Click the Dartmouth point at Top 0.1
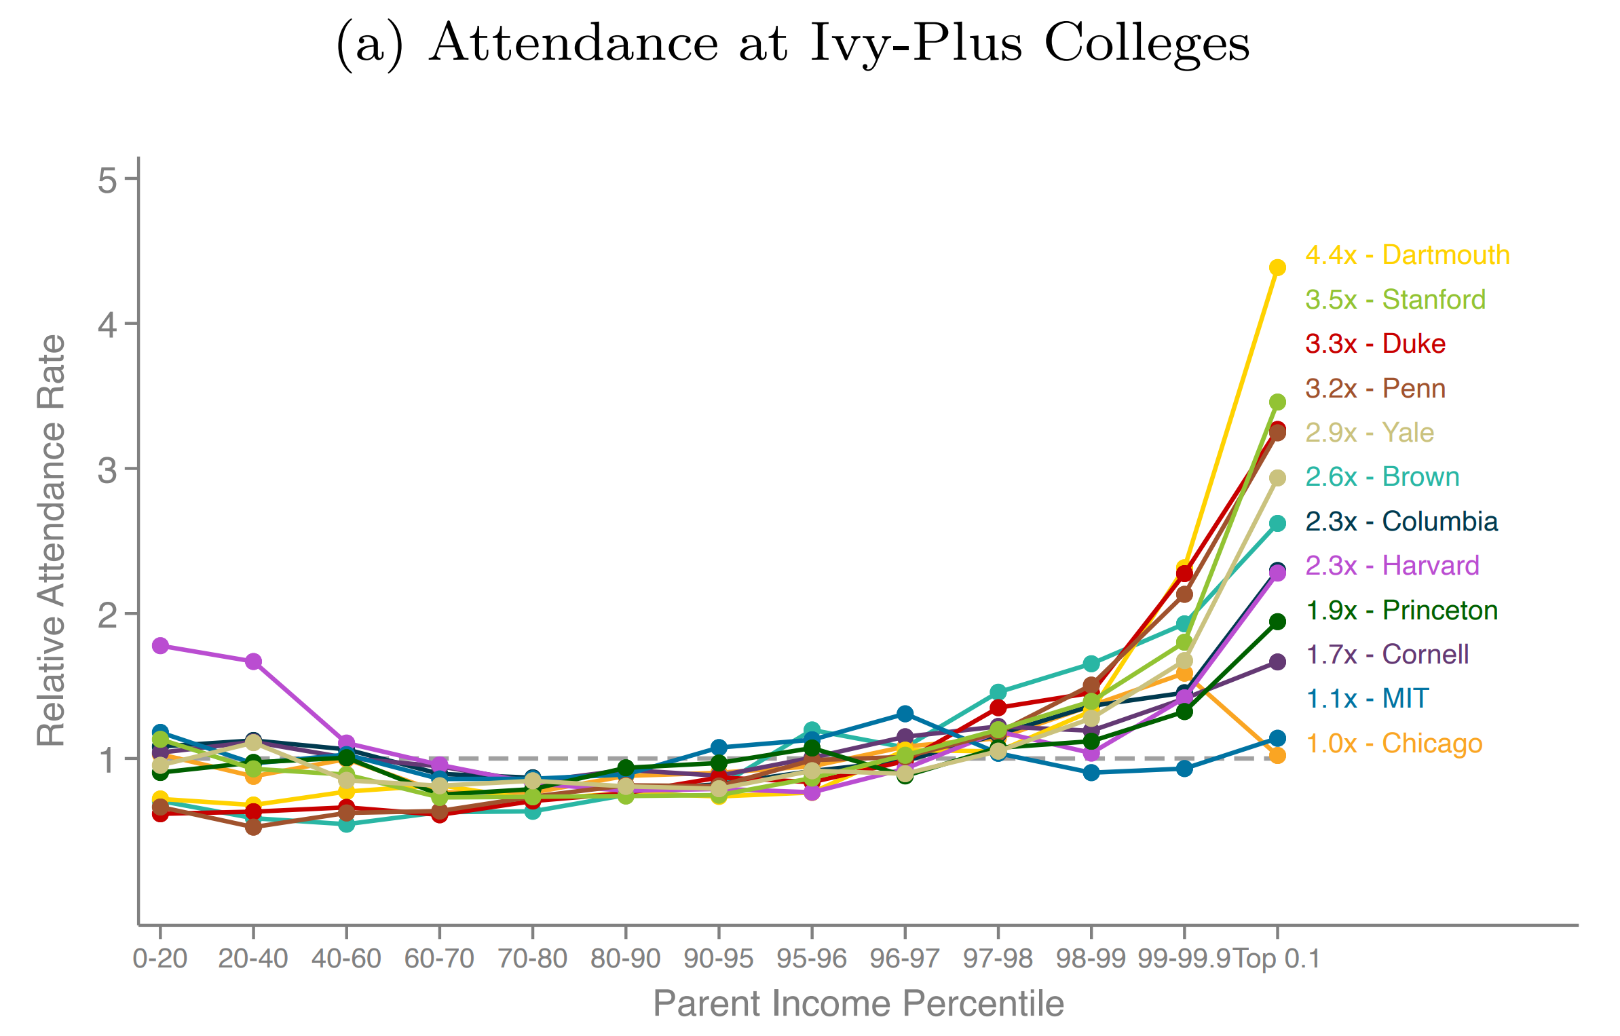(1277, 267)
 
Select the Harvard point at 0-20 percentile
(160, 645)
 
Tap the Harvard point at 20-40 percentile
(253, 661)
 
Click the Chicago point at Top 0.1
(1277, 755)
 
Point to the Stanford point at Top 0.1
(1277, 402)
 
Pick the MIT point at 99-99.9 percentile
(1184, 768)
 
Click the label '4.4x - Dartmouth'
(1407, 255)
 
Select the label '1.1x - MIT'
(1367, 698)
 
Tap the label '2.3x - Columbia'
(1401, 521)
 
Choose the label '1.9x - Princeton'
(1401, 610)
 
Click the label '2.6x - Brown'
(1382, 476)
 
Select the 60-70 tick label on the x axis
(439, 959)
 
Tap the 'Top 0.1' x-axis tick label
(1277, 959)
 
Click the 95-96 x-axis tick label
(812, 959)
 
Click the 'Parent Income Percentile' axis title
(858, 1003)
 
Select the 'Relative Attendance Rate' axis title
(52, 540)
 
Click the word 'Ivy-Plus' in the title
(916, 43)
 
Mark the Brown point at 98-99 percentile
(1091, 663)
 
